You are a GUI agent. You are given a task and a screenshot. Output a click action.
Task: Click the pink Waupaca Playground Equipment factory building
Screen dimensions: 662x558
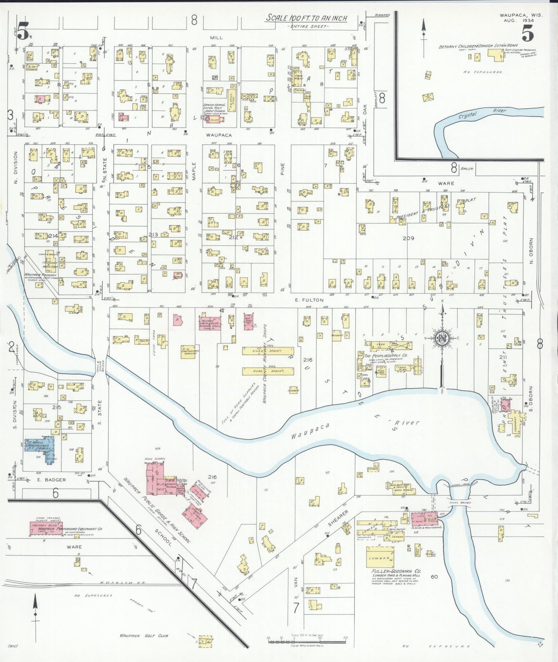(x=46, y=529)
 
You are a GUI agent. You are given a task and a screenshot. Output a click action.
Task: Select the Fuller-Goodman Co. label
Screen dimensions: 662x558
(x=396, y=571)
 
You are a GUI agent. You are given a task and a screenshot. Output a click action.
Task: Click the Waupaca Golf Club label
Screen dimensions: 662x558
(x=144, y=635)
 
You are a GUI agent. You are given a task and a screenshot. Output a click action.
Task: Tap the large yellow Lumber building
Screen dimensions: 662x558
(x=380, y=557)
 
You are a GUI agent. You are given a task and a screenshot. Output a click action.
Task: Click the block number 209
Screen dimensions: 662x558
(x=408, y=238)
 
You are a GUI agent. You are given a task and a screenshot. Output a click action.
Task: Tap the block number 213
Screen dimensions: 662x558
(x=153, y=234)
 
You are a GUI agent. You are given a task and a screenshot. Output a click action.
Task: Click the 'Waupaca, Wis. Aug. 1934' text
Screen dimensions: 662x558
(x=521, y=18)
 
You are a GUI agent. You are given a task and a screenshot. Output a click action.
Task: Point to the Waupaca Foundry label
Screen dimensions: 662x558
(x=40, y=275)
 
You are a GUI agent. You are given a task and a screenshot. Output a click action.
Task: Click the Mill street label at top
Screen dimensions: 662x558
(x=216, y=37)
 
